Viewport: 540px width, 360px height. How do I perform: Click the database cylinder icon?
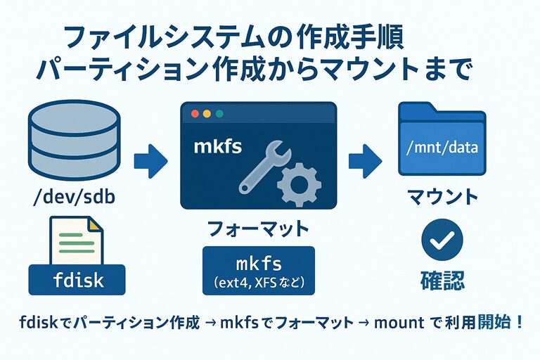pyautogui.click(x=75, y=141)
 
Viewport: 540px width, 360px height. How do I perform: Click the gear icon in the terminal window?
pyautogui.click(x=300, y=181)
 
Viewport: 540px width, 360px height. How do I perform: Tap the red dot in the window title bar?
pyautogui.click(x=195, y=113)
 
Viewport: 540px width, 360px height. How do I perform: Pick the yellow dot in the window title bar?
pyautogui.click(x=207, y=113)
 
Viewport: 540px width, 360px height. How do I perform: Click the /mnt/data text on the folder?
pyautogui.click(x=442, y=148)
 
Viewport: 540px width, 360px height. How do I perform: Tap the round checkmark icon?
pyautogui.click(x=442, y=240)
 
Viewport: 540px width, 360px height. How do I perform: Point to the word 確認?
pyautogui.click(x=442, y=280)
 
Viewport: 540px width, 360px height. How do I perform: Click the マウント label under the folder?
pyautogui.click(x=443, y=196)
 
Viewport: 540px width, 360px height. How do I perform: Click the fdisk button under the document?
pyautogui.click(x=78, y=280)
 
